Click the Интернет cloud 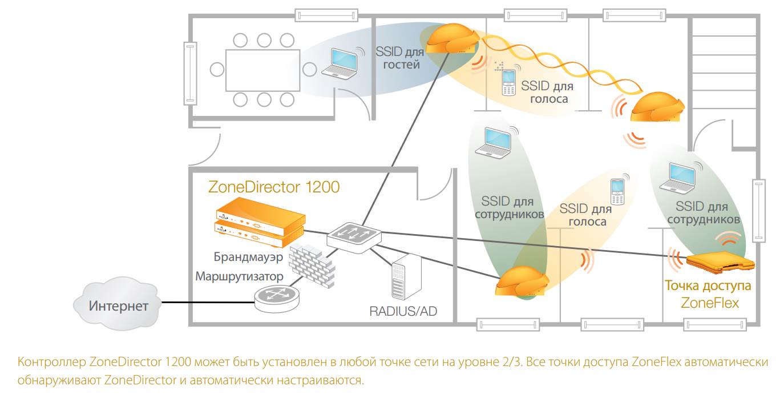pos(118,305)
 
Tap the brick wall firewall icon pos(310,266)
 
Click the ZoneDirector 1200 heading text pos(274,187)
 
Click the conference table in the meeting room pos(263,70)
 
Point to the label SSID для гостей pos(398,58)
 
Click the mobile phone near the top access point pos(508,83)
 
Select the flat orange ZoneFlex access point pos(720,262)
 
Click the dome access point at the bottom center pos(522,282)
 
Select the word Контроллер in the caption pos(52,363)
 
